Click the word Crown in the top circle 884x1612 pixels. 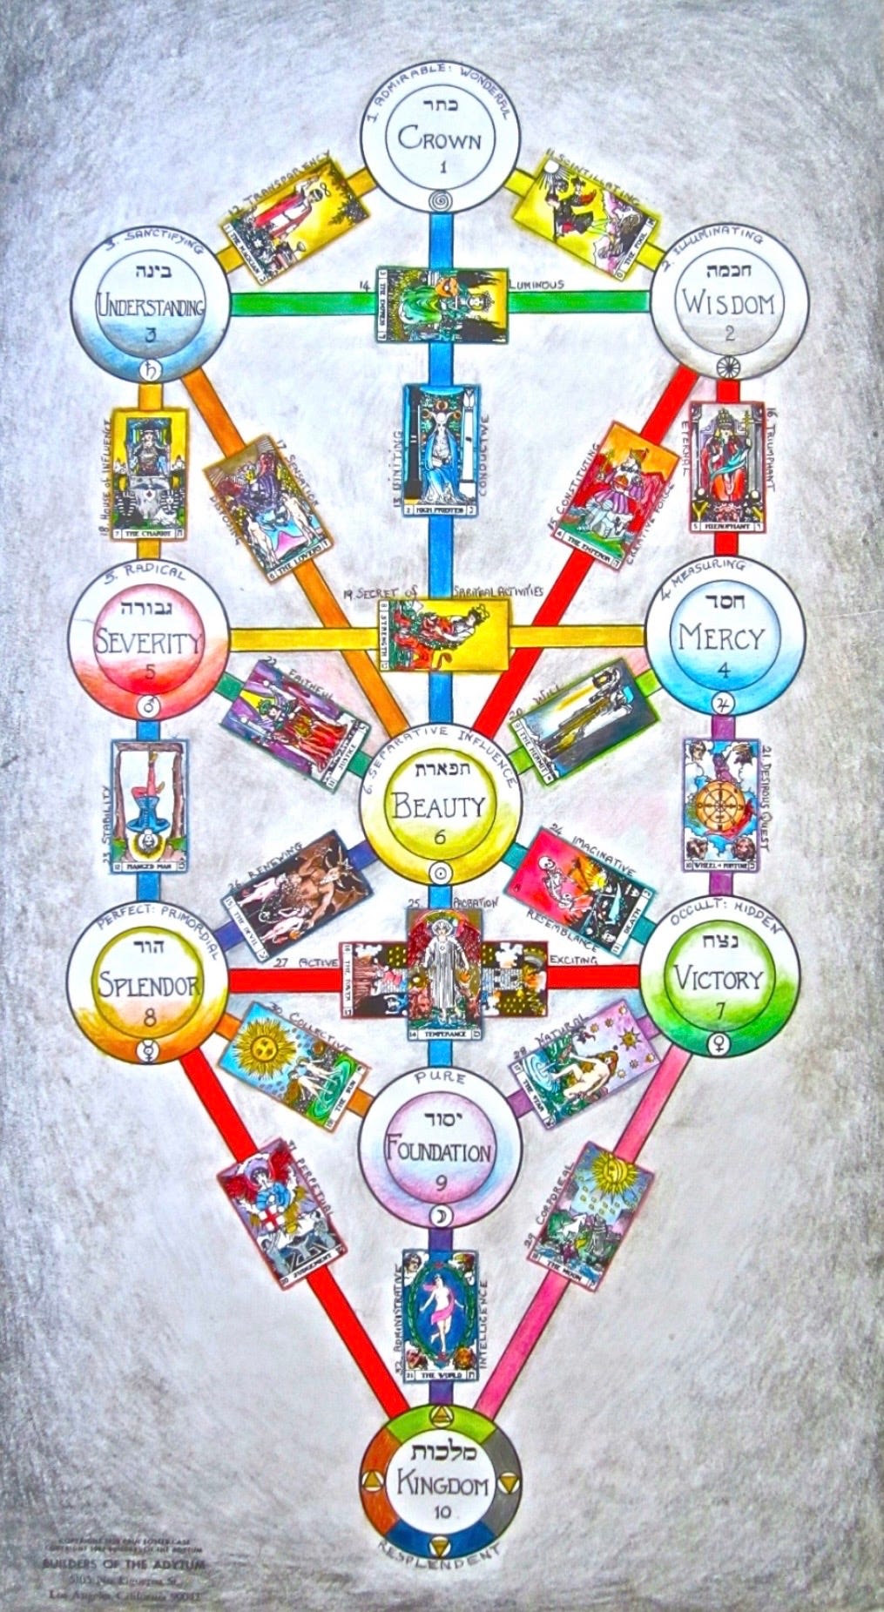click(x=439, y=138)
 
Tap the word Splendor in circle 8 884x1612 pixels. click(x=150, y=984)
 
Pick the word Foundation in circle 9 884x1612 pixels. click(x=440, y=1152)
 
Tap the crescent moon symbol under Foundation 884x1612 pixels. click(x=439, y=1215)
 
